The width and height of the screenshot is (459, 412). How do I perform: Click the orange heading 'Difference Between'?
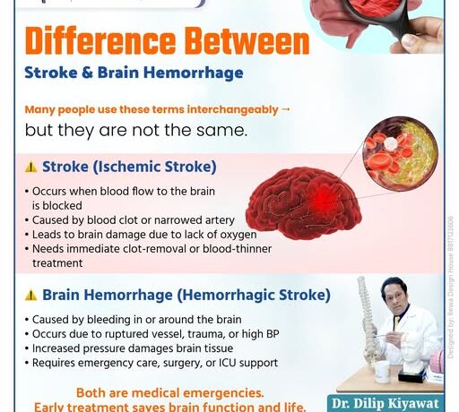[x=167, y=41]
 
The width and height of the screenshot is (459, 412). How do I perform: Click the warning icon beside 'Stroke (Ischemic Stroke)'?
[x=30, y=167]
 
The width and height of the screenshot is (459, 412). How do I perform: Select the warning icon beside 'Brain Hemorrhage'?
[x=30, y=295]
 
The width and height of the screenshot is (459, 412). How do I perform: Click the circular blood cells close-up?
[x=400, y=153]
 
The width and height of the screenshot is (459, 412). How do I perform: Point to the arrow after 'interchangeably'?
[x=286, y=109]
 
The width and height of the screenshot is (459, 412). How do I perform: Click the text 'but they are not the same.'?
[x=135, y=129]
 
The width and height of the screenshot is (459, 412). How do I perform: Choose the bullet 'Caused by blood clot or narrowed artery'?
[x=132, y=219]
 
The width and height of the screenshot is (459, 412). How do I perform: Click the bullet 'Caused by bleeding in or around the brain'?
[x=135, y=320]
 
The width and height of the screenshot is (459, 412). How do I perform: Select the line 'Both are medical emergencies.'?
[x=169, y=392]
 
